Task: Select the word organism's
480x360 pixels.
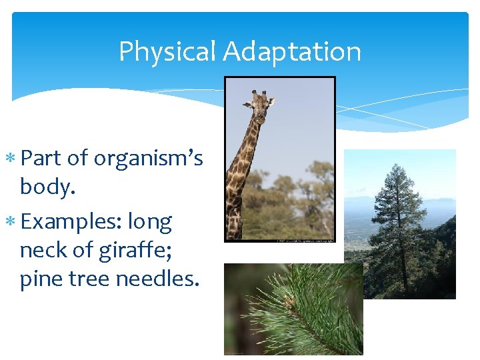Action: click(x=148, y=158)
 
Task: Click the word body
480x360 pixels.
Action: click(x=47, y=187)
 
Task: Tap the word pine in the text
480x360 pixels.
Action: click(x=41, y=279)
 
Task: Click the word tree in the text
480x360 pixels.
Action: click(x=89, y=279)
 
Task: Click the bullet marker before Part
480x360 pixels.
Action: click(x=13, y=159)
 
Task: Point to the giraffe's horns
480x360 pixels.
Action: click(x=259, y=94)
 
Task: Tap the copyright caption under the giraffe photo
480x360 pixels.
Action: click(x=304, y=239)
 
